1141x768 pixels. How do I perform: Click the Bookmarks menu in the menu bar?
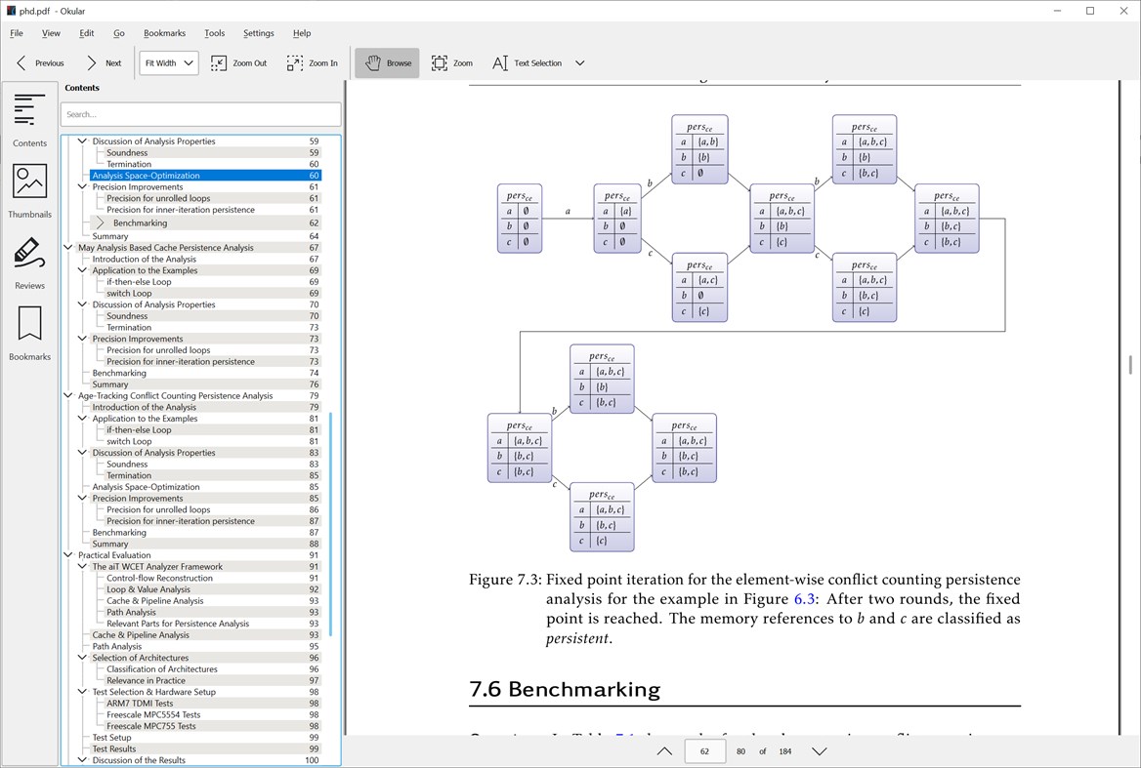coord(164,33)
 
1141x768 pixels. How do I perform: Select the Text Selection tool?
coord(527,63)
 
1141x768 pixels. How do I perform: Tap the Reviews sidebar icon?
coord(30,261)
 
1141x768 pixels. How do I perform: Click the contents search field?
coord(200,114)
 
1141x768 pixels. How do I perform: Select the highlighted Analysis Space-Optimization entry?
coord(147,176)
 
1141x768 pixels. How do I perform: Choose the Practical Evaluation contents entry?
coord(114,555)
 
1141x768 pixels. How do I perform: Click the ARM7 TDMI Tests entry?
coord(140,704)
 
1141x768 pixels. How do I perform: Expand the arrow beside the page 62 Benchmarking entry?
coord(101,223)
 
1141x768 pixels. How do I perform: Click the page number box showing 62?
coord(704,751)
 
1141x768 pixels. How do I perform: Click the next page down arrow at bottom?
coord(820,751)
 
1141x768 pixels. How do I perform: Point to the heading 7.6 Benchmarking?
coord(565,689)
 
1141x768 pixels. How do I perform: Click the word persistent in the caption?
coord(577,639)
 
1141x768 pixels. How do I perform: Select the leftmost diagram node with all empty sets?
coord(519,219)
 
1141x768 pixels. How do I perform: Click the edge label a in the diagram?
coord(568,211)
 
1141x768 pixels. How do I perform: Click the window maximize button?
coord(1090,11)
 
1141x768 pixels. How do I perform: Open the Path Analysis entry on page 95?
coord(117,647)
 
